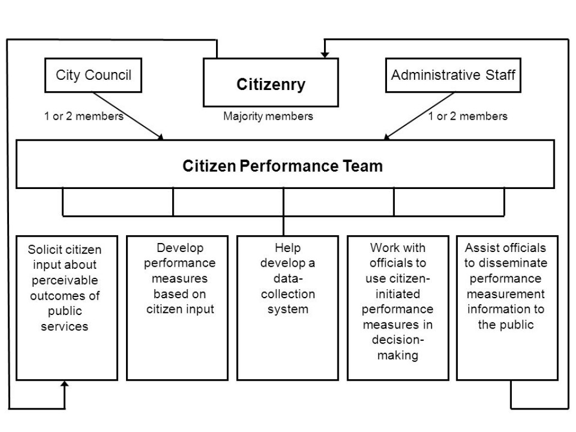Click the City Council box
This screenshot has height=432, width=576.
coord(93,75)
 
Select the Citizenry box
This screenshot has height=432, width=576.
coord(271,84)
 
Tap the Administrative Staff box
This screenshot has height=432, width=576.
coord(453,75)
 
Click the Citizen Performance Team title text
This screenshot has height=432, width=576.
coord(282,166)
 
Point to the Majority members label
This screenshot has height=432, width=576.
coord(268,116)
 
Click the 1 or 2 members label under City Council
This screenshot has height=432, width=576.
coord(83,116)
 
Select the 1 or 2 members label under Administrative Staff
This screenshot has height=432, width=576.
coord(467,116)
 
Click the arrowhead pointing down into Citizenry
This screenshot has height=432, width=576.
coord(325,54)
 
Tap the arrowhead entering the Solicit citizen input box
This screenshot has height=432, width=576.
coord(65,384)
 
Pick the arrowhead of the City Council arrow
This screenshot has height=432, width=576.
coord(161,137)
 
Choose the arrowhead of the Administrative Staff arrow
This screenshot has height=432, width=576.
coord(387,137)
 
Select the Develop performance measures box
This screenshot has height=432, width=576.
coord(177,307)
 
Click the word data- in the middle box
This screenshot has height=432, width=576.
coord(288,278)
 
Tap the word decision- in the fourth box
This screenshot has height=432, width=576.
coord(398,340)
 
